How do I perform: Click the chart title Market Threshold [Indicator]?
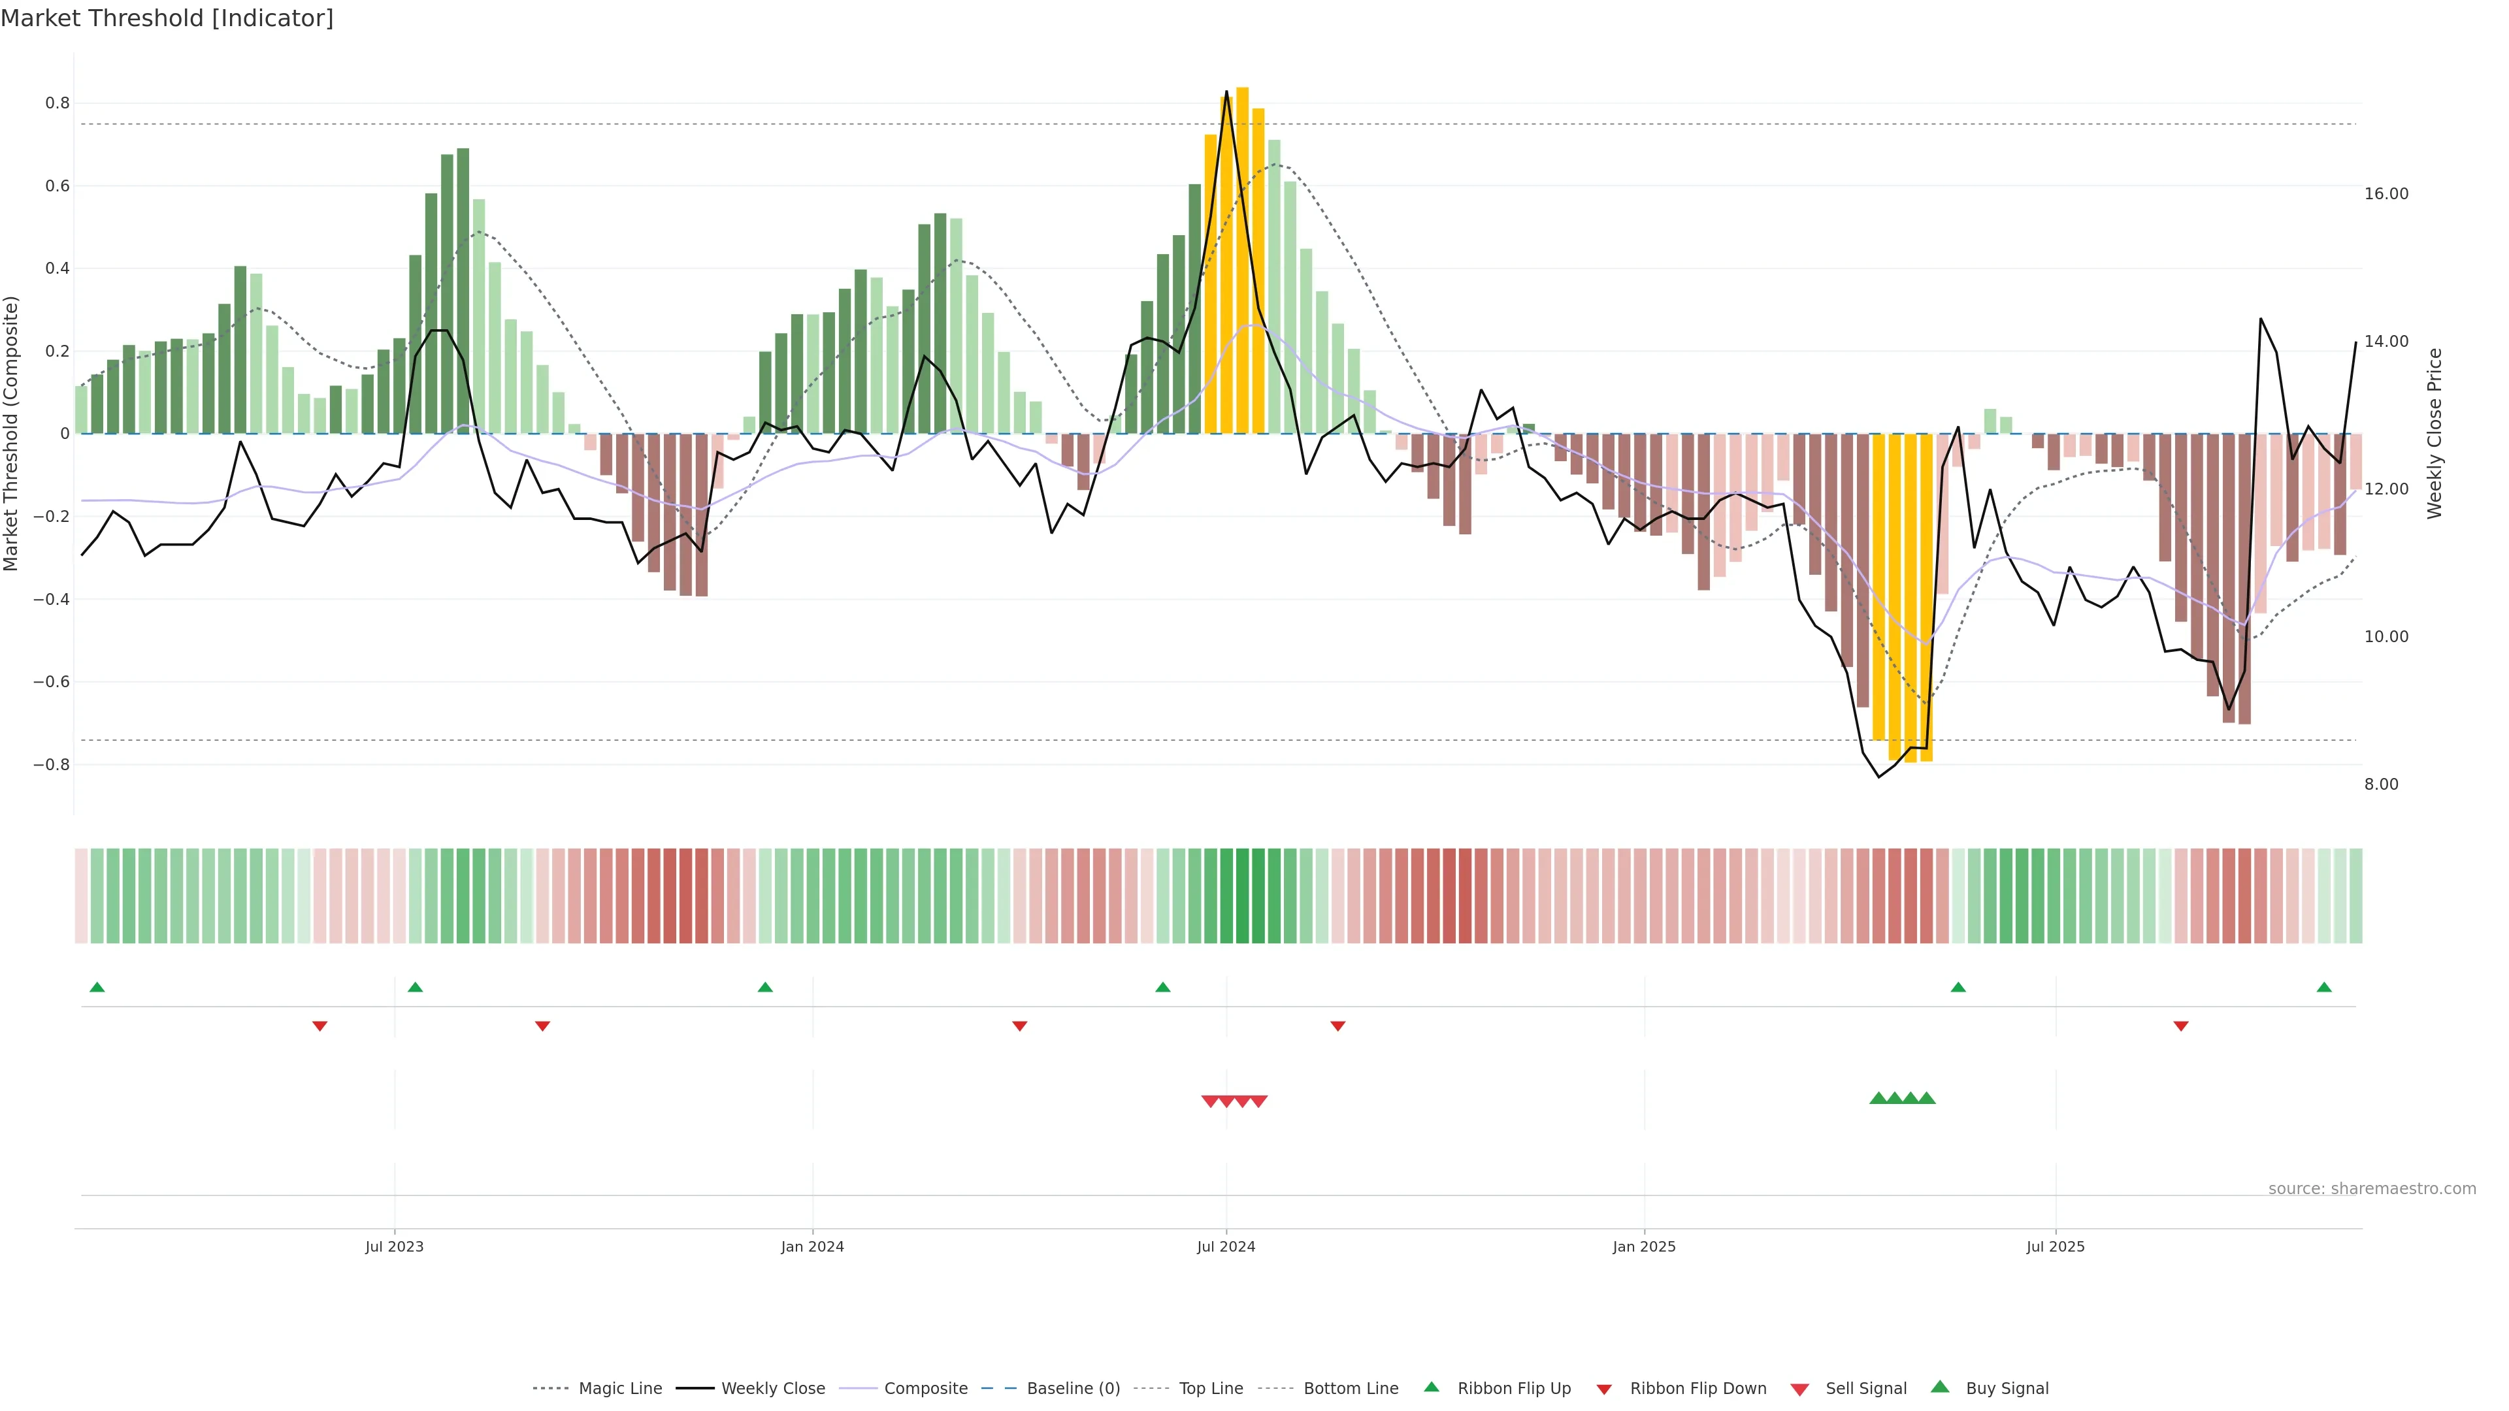[x=167, y=18]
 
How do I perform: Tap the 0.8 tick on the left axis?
[x=57, y=103]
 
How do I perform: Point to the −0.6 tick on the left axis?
[x=52, y=681]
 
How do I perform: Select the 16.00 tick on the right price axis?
[x=2386, y=194]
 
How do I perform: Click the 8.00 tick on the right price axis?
[x=2380, y=784]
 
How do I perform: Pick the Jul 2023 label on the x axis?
[x=395, y=1246]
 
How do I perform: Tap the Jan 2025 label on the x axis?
[x=1644, y=1246]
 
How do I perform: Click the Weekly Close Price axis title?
[x=2434, y=433]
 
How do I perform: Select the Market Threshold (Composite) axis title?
[x=12, y=433]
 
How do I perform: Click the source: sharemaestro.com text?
[x=2372, y=1189]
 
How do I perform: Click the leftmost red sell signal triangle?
[x=1209, y=1101]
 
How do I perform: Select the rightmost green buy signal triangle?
[x=1927, y=1098]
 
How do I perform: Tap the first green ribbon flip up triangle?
[x=97, y=988]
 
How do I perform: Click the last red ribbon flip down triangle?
[x=2181, y=1026]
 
